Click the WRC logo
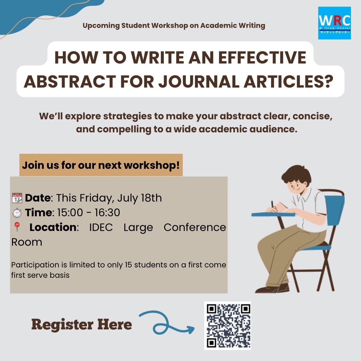pos(335,23)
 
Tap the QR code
pos(228,326)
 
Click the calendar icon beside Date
pos(17,198)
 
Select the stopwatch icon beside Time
pos(17,213)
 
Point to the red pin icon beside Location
pos(17,227)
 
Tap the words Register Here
pos(82,324)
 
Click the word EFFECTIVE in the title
pos(262,57)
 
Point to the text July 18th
pos(139,198)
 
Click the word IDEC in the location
pos(101,228)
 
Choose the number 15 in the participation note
pos(128,265)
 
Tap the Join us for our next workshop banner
pos(101,165)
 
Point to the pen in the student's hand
pos(273,206)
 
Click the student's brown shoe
pos(272,289)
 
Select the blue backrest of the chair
pos(335,210)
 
